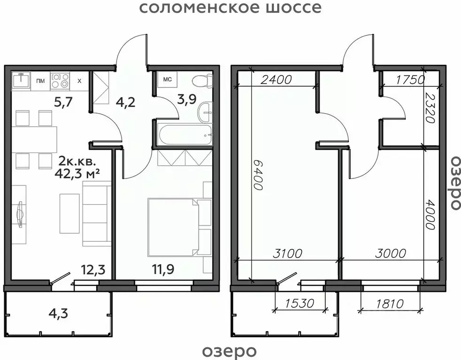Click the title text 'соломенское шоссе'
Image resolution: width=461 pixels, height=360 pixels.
click(x=230, y=8)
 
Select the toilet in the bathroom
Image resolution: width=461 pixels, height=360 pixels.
click(x=202, y=80)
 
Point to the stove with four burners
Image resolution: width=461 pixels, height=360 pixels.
click(x=60, y=80)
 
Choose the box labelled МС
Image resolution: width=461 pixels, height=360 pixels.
click(x=167, y=79)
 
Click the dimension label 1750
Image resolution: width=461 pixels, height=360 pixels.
click(x=410, y=79)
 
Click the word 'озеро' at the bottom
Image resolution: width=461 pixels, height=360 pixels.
click(x=230, y=351)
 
